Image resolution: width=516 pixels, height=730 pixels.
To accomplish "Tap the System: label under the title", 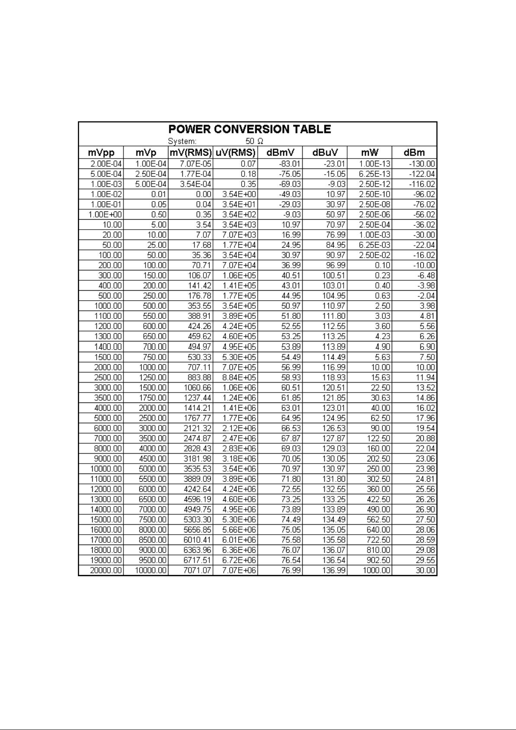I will point(182,141).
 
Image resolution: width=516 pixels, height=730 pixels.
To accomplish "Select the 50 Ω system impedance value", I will point(255,141).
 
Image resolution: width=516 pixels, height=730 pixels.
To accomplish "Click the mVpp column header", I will point(101,152).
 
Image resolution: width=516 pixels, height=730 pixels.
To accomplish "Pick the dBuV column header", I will point(324,152).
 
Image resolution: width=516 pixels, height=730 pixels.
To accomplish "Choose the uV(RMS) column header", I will point(235,152).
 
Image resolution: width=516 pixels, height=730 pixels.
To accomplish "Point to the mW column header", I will point(370,152).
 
